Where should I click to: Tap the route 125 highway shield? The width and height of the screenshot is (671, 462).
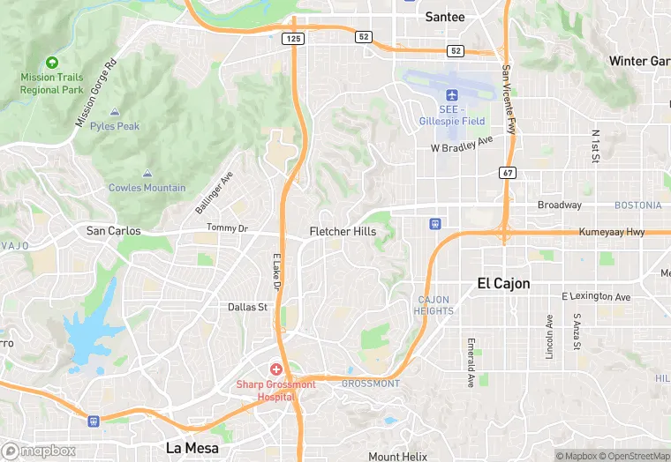pos(292,39)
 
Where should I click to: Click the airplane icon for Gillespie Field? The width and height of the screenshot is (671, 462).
pos(453,95)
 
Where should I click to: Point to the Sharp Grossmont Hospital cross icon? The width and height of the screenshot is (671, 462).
pos(276,369)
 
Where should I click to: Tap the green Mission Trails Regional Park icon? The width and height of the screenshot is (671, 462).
pos(52,63)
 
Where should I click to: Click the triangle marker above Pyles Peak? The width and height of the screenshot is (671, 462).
pos(115,113)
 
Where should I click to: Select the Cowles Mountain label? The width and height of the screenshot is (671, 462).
pos(147,187)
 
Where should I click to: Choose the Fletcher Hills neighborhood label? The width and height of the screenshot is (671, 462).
pos(343,232)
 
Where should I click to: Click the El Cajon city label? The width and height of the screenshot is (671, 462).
pos(503,283)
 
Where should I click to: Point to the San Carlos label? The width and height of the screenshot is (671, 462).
pos(112,231)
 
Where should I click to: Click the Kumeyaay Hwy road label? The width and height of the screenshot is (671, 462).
pos(612,232)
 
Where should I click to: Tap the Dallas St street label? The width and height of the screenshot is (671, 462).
pos(247,307)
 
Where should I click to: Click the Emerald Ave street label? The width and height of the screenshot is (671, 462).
pos(471,362)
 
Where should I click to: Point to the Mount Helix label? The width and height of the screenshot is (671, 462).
pos(397,456)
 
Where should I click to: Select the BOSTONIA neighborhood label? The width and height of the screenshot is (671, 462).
pos(637,205)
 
